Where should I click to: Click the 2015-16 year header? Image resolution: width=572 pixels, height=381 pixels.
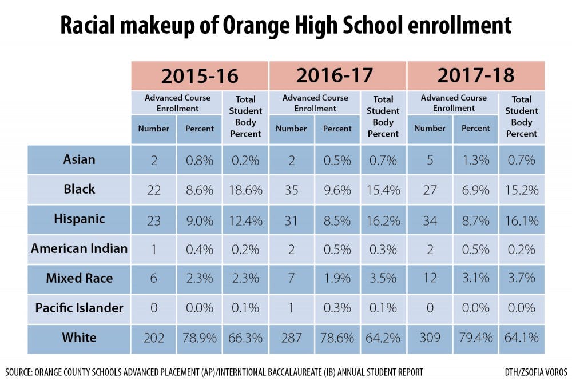click(x=200, y=76)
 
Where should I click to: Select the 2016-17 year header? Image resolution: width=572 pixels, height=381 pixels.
click(x=337, y=76)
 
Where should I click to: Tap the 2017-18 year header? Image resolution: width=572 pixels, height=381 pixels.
click(x=476, y=76)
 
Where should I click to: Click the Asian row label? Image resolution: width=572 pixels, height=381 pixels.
click(x=79, y=159)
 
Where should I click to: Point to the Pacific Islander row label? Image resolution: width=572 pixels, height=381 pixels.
click(x=79, y=308)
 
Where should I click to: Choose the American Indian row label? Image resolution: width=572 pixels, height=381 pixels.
click(x=79, y=248)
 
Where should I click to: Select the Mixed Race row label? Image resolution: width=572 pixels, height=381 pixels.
click(x=79, y=278)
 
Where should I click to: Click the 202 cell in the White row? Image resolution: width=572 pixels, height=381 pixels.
click(x=153, y=338)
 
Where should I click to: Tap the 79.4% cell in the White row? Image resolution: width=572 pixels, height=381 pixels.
click(x=475, y=338)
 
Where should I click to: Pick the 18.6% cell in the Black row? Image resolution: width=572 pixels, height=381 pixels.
click(x=245, y=189)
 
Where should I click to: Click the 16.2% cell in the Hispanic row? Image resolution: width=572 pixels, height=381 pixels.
click(x=383, y=219)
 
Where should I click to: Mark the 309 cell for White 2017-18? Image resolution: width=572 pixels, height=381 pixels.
click(x=430, y=338)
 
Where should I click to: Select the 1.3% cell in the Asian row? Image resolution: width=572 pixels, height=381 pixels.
click(x=475, y=159)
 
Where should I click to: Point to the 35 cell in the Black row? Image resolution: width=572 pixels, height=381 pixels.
click(x=291, y=189)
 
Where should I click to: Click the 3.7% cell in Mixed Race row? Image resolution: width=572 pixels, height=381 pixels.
click(x=521, y=278)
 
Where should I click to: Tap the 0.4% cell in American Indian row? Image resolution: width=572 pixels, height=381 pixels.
click(x=199, y=248)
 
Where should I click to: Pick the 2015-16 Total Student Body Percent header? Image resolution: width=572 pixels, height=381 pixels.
click(x=245, y=117)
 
